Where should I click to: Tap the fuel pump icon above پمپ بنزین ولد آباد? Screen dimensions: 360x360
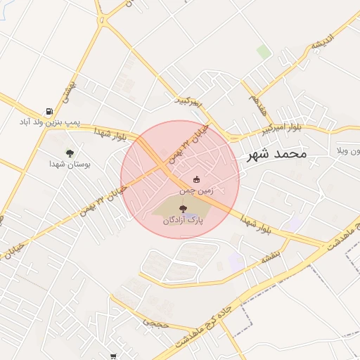click(49, 111)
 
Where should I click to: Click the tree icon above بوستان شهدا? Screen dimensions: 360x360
click(69, 153)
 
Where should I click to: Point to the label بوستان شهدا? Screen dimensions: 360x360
click(65, 164)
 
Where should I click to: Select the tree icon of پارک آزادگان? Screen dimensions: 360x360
click(184, 209)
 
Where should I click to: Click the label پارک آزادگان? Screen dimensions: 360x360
click(182, 220)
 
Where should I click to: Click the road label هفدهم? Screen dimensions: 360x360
click(257, 105)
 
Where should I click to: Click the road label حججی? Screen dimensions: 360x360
click(155, 322)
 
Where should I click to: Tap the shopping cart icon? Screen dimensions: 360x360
click(113, 356)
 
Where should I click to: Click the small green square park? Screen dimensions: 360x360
click(264, 52)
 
